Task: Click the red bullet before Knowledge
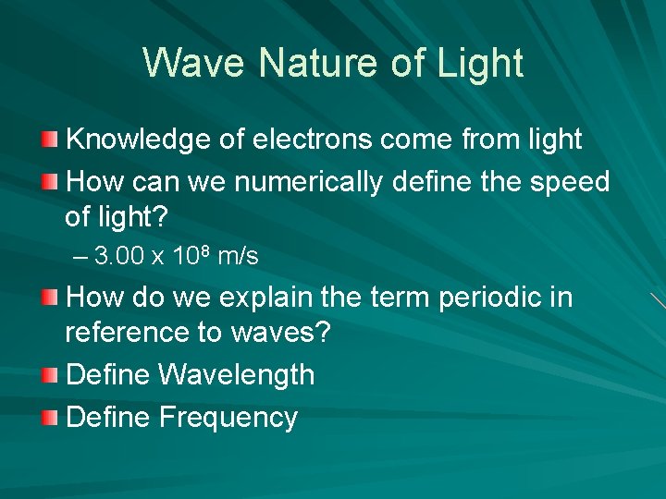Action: click(50, 140)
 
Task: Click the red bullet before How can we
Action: click(50, 181)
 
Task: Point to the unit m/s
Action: click(238, 257)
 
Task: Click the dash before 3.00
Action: click(79, 257)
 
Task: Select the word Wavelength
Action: click(237, 375)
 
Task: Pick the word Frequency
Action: click(228, 418)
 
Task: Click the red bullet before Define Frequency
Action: click(50, 418)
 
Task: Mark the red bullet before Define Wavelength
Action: click(50, 375)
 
